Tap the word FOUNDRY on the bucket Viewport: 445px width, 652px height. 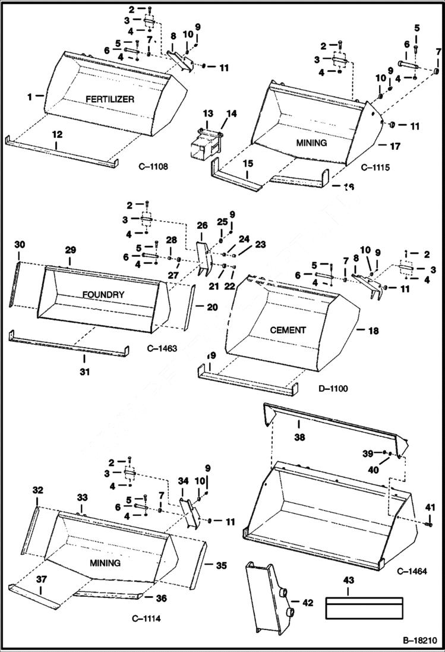[103, 294]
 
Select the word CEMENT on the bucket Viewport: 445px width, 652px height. [288, 330]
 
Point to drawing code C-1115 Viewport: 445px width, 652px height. [375, 168]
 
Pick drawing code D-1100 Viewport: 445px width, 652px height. [333, 389]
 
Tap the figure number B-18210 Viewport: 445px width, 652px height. [419, 641]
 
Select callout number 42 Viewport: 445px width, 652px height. [307, 603]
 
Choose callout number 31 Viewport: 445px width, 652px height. [84, 371]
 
